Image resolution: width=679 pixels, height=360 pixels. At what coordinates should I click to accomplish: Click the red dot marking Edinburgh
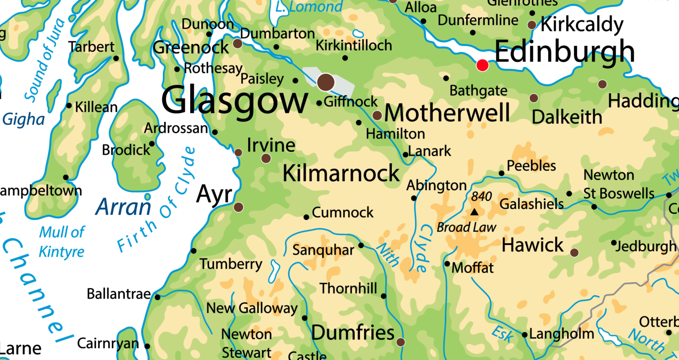coord(483,66)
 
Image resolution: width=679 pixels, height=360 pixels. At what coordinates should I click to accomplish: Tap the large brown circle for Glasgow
coord(325,82)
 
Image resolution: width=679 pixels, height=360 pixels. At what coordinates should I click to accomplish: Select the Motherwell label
coord(447,113)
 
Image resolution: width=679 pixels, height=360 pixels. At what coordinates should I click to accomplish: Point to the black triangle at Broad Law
coord(474,212)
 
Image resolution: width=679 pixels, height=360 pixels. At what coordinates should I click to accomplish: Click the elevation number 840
coord(481,197)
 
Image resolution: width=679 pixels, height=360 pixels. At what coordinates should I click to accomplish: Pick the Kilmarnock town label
coord(341,174)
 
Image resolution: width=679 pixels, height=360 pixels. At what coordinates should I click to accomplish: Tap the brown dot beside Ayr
coord(238,207)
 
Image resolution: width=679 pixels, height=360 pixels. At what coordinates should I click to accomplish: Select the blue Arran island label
coord(123,207)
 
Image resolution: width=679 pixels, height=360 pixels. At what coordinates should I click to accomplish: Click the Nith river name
coord(388,255)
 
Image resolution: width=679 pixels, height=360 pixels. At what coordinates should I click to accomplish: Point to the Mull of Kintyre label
coord(62,242)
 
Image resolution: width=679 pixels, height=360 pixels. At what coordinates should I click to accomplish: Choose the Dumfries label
coord(353,333)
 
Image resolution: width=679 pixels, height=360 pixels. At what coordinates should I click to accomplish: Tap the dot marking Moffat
coord(447,264)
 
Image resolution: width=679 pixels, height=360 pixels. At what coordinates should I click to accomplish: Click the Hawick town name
coord(533,245)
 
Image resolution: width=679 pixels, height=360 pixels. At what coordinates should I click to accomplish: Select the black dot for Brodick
coord(152,144)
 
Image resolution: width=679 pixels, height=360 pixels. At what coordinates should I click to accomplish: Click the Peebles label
coord(531,166)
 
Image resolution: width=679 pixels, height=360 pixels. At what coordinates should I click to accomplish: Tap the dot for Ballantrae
coord(158,297)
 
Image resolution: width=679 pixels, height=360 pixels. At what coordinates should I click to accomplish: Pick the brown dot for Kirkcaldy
coord(532,25)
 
